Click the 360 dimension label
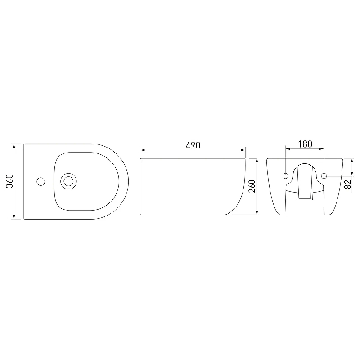tap(9, 181)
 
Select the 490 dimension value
tap(193, 145)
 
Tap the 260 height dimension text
tap(252, 186)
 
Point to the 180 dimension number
tap(305, 144)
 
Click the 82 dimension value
tap(348, 184)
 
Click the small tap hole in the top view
tap(41, 182)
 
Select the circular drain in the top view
tap(68, 181)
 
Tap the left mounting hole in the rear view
tap(285, 176)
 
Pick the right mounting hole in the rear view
tap(324, 176)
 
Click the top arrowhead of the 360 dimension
tap(14, 146)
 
